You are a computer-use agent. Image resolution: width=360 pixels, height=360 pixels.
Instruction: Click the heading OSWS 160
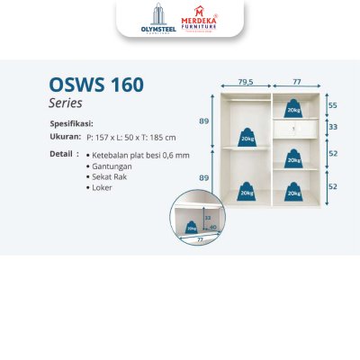click(x=95, y=86)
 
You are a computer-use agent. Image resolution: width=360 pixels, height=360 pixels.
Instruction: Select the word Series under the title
click(x=65, y=103)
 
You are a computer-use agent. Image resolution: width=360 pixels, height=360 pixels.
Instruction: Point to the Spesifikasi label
click(x=71, y=123)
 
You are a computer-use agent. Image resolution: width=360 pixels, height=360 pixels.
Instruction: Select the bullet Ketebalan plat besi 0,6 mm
click(x=139, y=155)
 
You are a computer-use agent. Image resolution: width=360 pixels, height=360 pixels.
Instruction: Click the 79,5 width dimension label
click(x=245, y=81)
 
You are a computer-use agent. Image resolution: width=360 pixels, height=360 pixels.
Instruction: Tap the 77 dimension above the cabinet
click(x=295, y=81)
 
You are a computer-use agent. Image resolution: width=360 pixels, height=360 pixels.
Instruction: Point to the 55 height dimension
click(x=332, y=105)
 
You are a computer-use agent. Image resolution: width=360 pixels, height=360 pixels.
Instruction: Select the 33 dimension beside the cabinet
click(x=332, y=127)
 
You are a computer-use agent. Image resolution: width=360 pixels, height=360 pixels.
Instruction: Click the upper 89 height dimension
click(x=204, y=120)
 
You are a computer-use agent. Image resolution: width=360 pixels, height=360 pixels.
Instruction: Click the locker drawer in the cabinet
click(x=294, y=128)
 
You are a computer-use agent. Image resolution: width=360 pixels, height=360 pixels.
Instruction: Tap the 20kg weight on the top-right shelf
click(x=293, y=109)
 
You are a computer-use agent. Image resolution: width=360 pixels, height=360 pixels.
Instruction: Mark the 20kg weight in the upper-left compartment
click(x=246, y=138)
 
